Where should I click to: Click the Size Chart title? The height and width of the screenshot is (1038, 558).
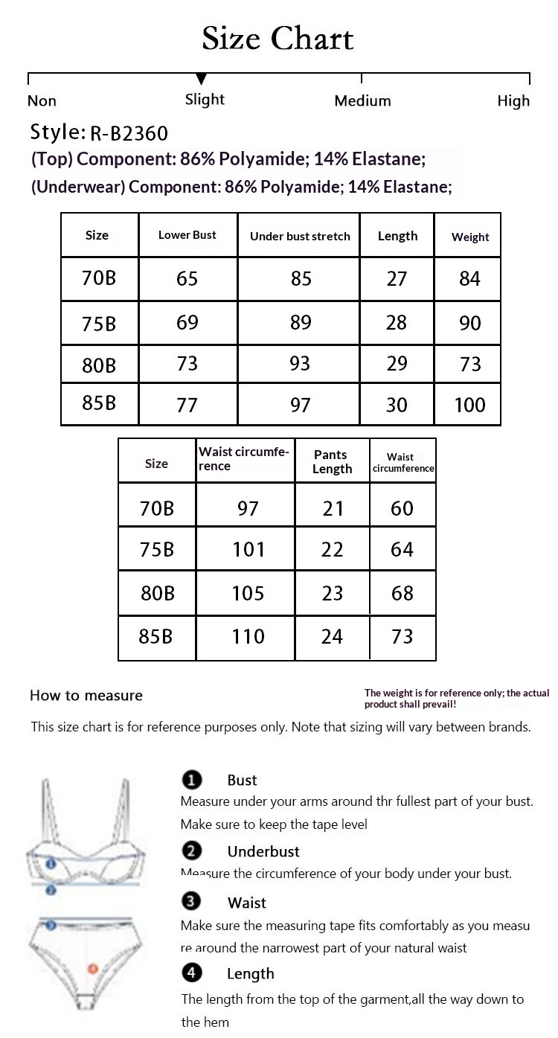pos(278,39)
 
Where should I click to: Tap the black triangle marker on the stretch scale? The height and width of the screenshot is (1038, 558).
pos(201,79)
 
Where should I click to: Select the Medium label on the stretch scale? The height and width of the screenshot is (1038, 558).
pos(362,100)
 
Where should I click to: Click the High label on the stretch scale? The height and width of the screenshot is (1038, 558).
pos(513,100)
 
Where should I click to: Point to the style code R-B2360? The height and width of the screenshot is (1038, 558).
pos(129,134)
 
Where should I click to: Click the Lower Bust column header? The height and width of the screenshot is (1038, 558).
pos(187,235)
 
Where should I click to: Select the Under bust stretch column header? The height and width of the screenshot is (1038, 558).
pos(300,237)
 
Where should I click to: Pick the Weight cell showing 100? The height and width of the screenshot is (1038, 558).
pos(469,406)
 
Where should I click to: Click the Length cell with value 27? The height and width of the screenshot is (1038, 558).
pos(397,279)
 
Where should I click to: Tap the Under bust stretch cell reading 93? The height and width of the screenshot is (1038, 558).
pos(300,365)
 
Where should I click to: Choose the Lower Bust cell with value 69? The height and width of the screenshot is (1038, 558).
pos(187,323)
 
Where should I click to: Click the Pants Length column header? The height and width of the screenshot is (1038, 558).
pos(332,461)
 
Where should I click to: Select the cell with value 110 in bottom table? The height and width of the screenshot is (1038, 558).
pos(248,637)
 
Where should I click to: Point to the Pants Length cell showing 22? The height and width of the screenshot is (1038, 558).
pos(332,550)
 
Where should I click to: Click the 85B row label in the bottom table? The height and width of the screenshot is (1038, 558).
pos(155,637)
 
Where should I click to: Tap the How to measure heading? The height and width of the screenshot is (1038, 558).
pos(86,696)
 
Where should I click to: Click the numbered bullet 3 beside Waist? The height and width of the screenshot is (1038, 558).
pos(191,902)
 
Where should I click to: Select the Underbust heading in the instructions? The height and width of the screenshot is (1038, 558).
pos(263,852)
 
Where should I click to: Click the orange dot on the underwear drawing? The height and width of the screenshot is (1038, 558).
pos(92,969)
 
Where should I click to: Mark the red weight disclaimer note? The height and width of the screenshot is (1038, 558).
pos(456,698)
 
